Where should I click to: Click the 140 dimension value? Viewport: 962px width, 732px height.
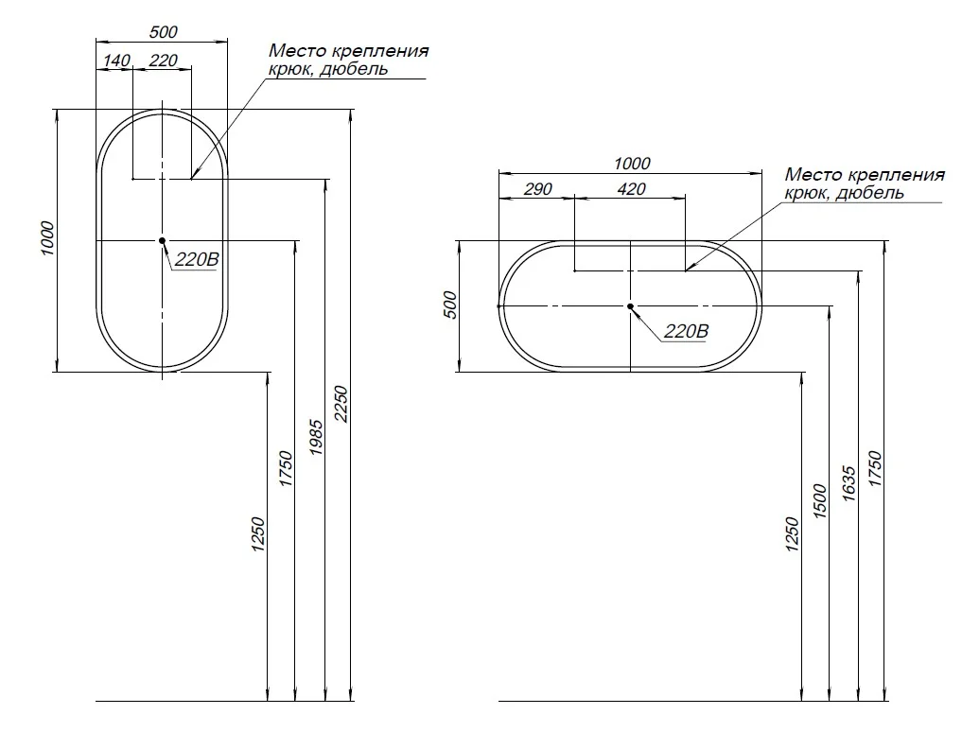tap(116, 61)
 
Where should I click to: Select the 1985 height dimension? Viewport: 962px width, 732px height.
tap(317, 437)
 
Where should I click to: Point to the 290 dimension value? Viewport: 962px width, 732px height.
tap(538, 189)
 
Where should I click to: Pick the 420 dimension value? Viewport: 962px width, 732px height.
tap(631, 189)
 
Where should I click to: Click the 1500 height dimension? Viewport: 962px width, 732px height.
tap(821, 500)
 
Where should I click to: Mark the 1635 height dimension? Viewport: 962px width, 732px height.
tap(849, 483)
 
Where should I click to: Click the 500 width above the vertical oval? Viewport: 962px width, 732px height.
tap(164, 32)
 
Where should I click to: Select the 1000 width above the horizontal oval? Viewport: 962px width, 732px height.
tap(632, 164)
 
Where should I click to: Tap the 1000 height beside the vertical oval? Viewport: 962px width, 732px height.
tap(47, 238)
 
